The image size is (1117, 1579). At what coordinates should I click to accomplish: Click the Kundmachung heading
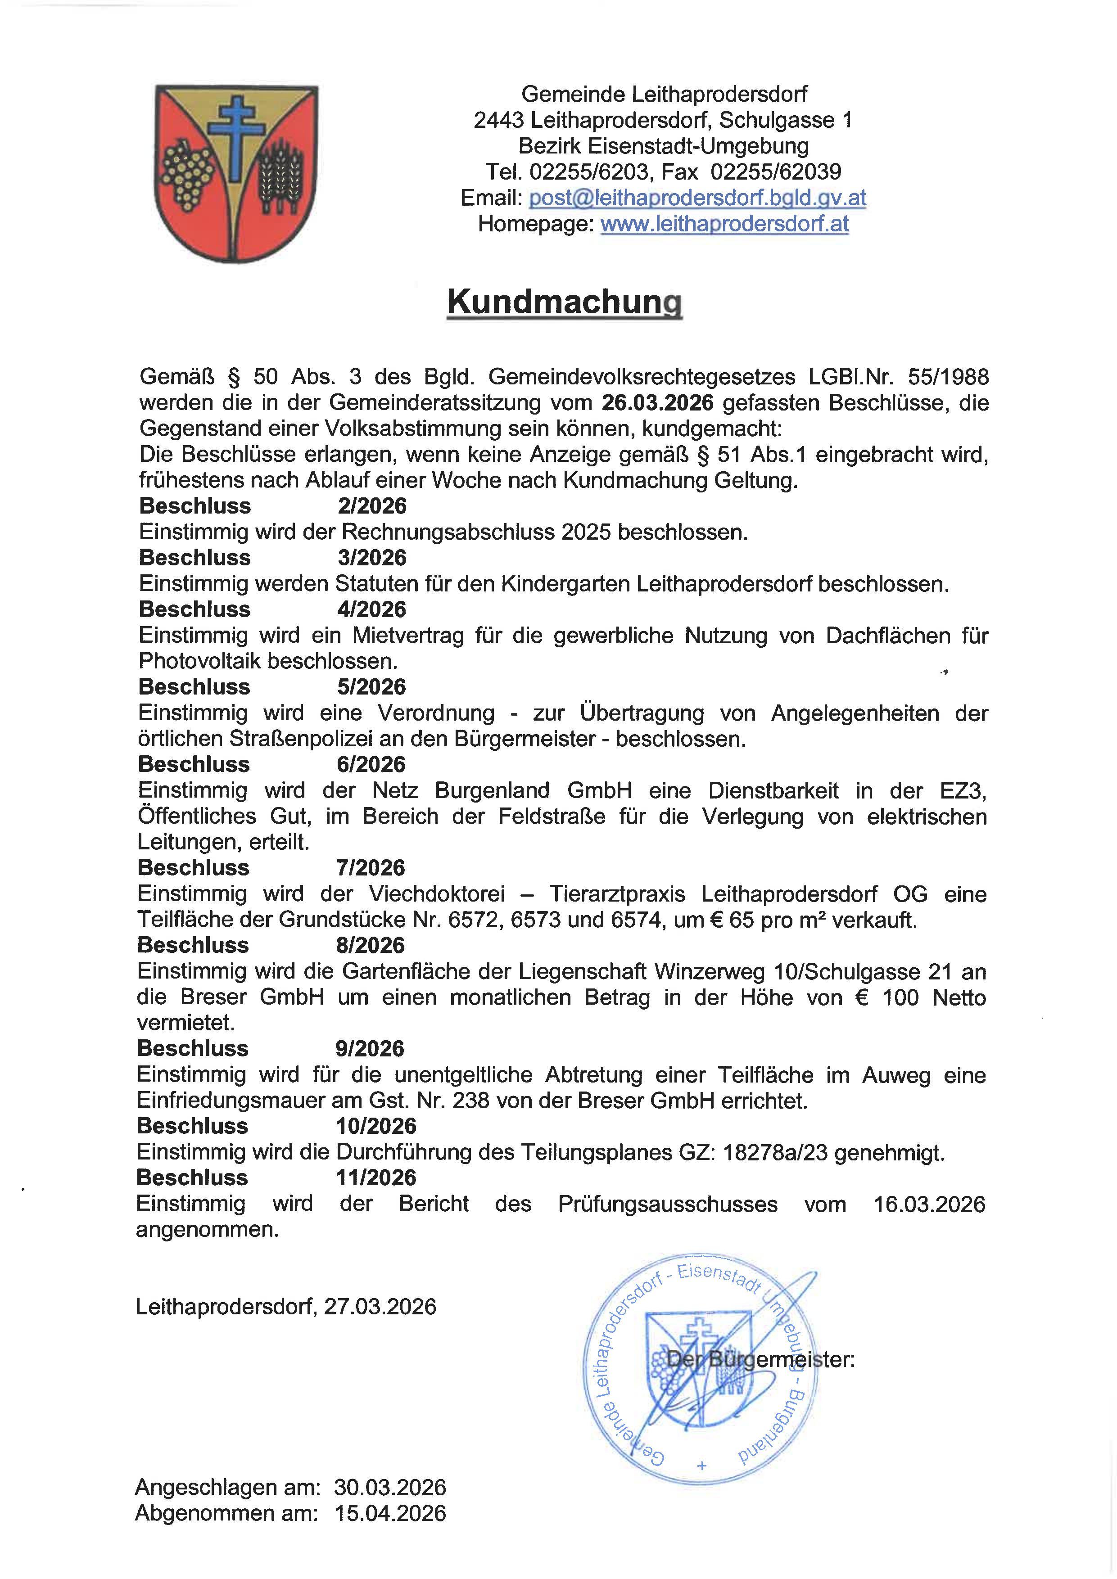point(564,302)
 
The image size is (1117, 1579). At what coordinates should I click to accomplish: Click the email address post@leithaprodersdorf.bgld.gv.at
point(697,198)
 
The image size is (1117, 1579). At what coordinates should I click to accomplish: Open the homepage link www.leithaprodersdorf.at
point(724,224)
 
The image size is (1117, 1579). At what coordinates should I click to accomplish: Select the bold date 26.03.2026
point(657,402)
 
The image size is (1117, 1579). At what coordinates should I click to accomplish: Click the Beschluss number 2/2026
point(372,506)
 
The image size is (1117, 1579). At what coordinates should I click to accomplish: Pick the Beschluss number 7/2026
point(371,868)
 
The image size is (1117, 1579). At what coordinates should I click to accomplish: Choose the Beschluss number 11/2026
point(376,1177)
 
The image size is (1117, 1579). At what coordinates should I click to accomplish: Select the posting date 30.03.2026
point(390,1488)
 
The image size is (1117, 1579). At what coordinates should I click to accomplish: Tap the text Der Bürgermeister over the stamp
point(761,1360)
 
